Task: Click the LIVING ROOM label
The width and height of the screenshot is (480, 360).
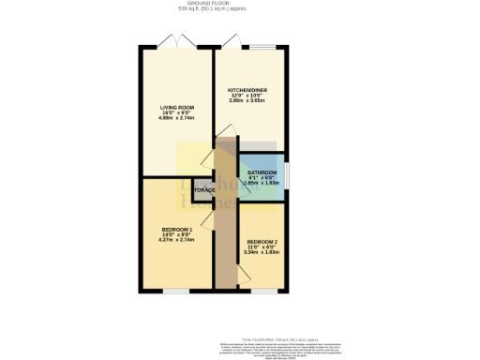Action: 176,108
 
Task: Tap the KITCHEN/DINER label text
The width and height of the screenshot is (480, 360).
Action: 248,90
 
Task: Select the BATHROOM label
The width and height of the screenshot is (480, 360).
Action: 262,172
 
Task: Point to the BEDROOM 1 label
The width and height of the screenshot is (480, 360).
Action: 176,230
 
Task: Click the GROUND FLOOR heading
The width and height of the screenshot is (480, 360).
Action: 239,4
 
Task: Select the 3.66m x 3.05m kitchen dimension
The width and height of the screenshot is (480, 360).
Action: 248,101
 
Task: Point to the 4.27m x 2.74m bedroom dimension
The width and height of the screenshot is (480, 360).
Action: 176,241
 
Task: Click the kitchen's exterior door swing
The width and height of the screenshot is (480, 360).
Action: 229,44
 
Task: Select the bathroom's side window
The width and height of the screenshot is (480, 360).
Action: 286,174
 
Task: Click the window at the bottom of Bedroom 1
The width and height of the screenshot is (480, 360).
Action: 175,292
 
